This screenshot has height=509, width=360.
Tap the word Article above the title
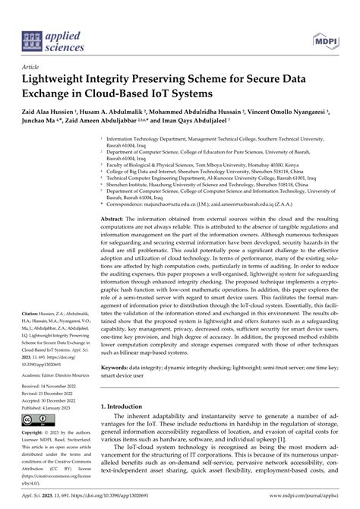33,67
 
